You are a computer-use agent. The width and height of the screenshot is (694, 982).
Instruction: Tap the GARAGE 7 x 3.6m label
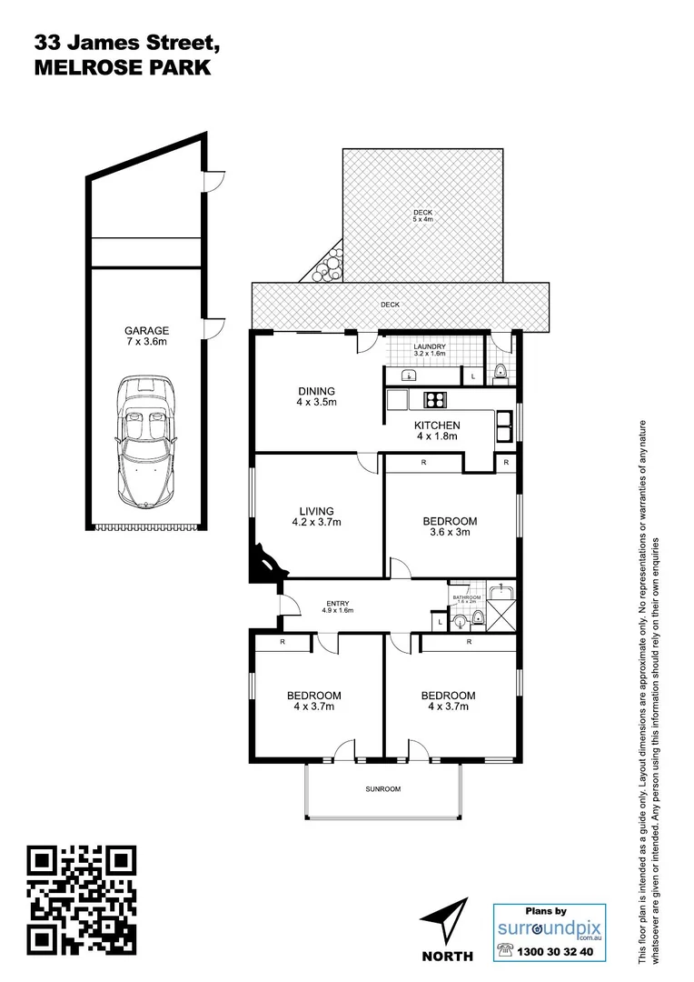[147, 336]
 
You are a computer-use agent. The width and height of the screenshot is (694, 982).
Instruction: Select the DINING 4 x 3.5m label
[315, 396]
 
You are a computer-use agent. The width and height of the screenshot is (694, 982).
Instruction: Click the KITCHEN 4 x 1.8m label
[437, 430]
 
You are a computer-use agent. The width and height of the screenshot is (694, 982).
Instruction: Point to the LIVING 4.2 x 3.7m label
[315, 516]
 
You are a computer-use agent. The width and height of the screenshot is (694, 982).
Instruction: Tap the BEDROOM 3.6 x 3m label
[449, 526]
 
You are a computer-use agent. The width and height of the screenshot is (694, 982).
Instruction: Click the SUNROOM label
[383, 789]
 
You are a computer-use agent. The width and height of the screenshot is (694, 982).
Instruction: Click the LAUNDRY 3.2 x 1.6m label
[429, 350]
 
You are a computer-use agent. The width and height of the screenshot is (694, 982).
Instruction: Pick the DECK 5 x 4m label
[423, 215]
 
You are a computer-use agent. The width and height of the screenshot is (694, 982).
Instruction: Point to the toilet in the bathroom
[462, 622]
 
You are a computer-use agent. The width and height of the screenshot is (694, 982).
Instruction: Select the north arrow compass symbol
[448, 920]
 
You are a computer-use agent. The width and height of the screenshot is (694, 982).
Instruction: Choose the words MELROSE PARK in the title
[122, 67]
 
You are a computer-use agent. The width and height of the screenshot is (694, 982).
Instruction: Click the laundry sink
[408, 374]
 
